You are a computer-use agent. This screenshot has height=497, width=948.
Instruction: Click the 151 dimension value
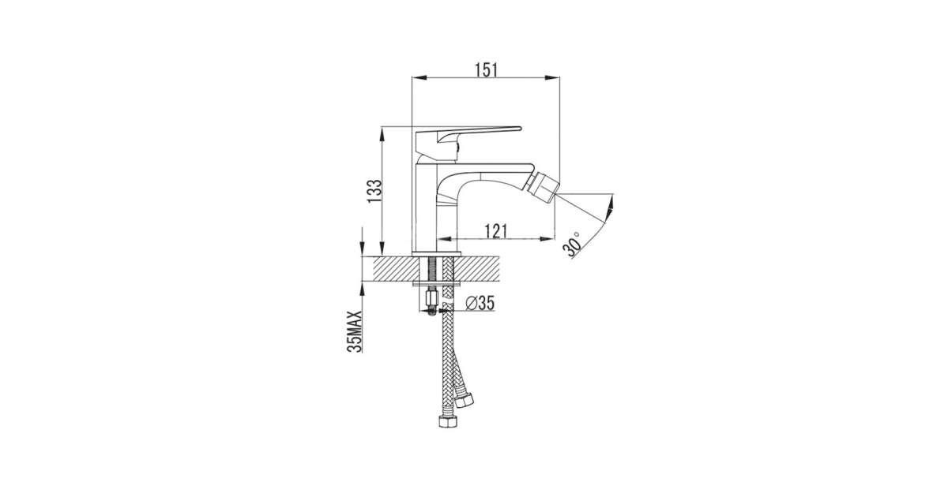[x=486, y=69]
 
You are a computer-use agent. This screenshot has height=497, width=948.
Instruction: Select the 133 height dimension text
[x=374, y=191]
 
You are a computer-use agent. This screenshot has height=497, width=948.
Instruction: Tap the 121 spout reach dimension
[x=495, y=231]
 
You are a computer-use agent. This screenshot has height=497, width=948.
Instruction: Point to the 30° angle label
[x=572, y=245]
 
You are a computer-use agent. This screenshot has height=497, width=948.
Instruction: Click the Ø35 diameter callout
[x=480, y=303]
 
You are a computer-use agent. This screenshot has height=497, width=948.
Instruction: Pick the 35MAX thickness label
[x=354, y=331]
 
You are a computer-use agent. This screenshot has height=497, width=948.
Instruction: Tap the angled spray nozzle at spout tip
[x=544, y=192]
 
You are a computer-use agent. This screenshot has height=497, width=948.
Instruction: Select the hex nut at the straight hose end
[x=446, y=422]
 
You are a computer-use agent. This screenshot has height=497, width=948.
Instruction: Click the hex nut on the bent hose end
[x=464, y=399]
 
